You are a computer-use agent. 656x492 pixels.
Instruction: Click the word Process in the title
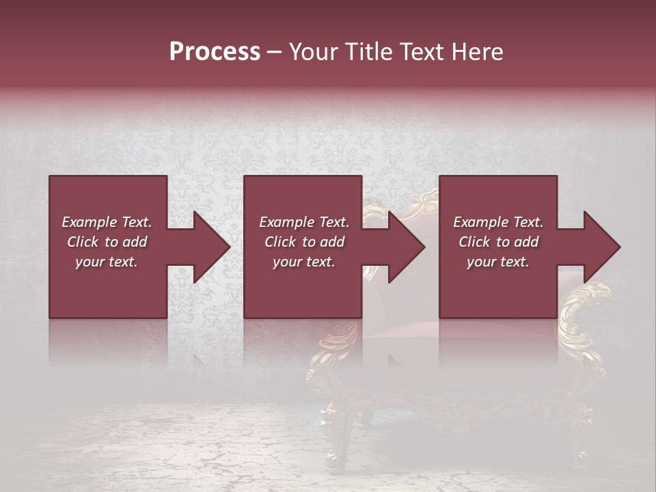215,52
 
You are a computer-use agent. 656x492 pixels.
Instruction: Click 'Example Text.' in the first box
107,222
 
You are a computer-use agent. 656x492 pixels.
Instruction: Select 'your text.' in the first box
107,262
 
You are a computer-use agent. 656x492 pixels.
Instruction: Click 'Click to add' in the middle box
304,242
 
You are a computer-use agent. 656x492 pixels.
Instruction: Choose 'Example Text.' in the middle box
304,222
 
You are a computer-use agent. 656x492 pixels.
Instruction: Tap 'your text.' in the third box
498,262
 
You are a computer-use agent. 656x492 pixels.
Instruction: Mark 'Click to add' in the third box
498,242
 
